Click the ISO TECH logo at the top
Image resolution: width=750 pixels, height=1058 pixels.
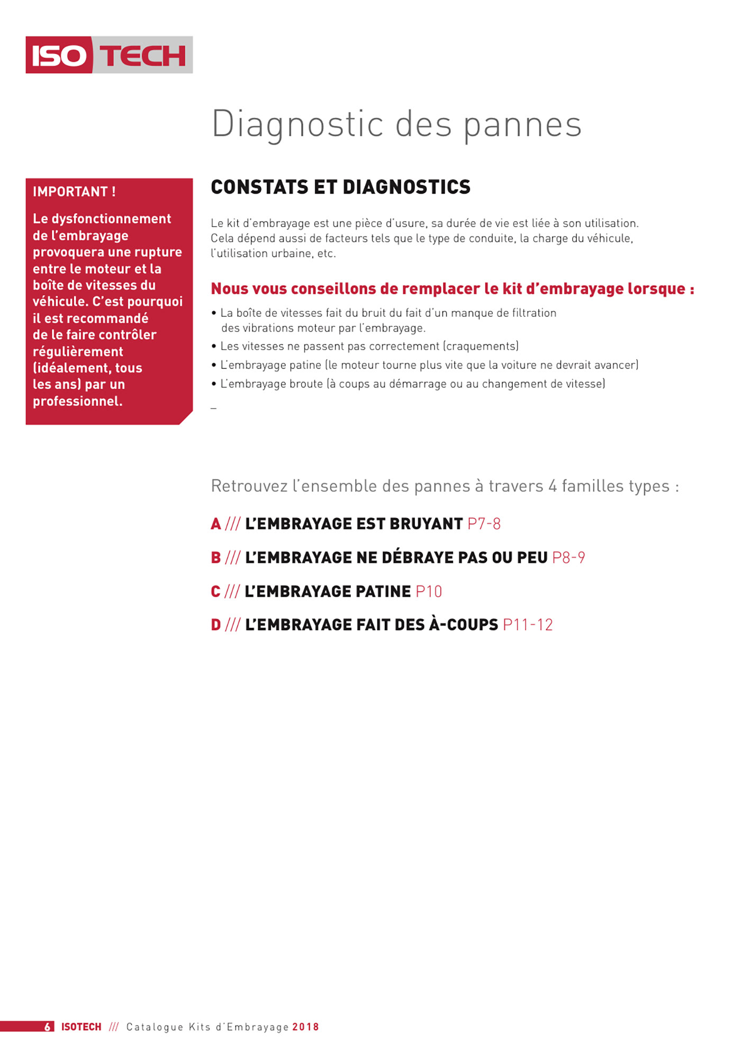(x=109, y=55)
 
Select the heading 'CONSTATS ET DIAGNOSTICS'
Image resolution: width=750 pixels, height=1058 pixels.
(x=340, y=187)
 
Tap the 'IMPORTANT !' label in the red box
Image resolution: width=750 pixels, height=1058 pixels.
(x=74, y=192)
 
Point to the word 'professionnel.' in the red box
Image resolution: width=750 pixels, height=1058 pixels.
(x=77, y=402)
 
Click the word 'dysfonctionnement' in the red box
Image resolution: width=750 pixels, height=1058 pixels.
(x=111, y=219)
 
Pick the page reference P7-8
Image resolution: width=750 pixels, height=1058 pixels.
(x=484, y=524)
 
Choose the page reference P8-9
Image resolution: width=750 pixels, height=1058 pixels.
(x=568, y=558)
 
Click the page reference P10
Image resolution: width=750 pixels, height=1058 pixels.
(x=429, y=591)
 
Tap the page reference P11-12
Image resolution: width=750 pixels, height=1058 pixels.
(x=528, y=625)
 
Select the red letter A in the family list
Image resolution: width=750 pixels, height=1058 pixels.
(x=215, y=524)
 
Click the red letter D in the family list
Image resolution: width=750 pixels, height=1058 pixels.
(x=215, y=625)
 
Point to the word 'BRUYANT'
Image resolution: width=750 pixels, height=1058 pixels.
(x=426, y=524)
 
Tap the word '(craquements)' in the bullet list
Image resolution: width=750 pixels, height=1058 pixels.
(x=481, y=346)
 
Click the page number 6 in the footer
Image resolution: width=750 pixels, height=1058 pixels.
(x=48, y=1027)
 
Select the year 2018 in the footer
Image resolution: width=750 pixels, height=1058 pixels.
(x=305, y=1027)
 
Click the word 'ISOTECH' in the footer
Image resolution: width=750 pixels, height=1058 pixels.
(x=81, y=1027)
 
